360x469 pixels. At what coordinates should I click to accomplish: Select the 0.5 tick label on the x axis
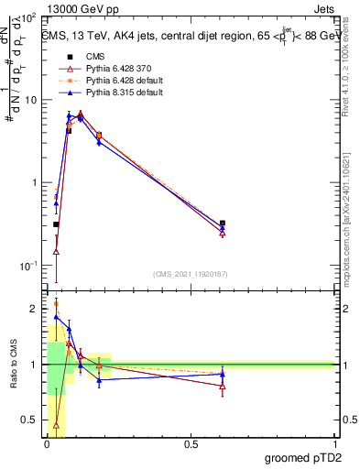pos(191,444)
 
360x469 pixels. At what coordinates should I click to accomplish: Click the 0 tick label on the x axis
pos(48,444)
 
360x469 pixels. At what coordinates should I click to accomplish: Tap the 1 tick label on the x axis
pos(335,444)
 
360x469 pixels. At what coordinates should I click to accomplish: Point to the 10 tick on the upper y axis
pos(35,100)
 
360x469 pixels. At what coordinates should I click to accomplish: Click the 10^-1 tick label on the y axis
pos(31,266)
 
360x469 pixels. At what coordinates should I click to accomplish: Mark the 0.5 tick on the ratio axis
pos(33,420)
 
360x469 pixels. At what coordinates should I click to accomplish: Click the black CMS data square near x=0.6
pos(223,223)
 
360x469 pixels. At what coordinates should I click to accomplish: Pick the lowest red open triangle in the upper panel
pos(57,251)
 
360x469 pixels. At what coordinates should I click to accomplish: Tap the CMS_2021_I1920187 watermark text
pos(190,272)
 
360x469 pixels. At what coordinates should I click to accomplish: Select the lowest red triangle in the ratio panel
pos(57,425)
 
